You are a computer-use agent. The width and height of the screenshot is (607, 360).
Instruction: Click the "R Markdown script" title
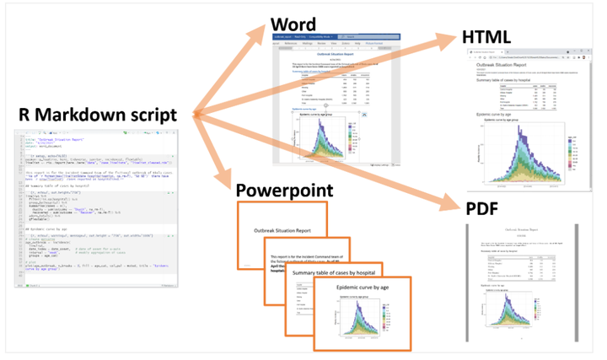click(x=97, y=115)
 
